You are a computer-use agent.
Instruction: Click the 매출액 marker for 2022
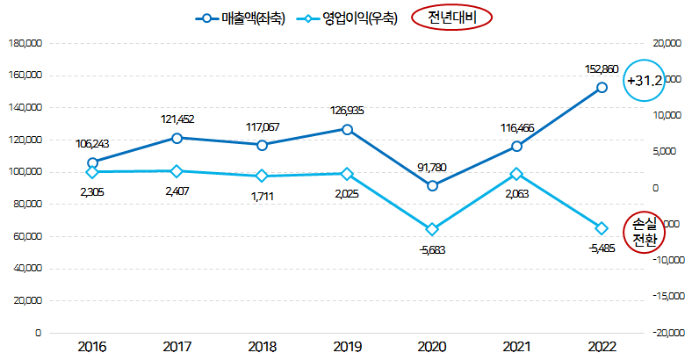602,88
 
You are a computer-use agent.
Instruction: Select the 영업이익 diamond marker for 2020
432,229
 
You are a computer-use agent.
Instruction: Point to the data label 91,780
432,167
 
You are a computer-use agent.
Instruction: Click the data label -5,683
432,249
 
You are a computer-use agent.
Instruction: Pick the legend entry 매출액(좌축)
241,18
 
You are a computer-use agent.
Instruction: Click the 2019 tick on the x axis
347,347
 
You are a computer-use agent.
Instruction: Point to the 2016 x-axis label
93,347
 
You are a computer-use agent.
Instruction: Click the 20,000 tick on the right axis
667,42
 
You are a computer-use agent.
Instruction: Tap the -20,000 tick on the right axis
665,333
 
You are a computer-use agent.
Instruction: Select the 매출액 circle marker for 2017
177,138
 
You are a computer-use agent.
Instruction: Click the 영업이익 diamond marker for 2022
602,228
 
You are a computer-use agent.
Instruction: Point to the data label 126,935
347,111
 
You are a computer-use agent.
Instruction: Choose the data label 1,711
262,195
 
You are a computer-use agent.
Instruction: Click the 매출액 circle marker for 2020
432,186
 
